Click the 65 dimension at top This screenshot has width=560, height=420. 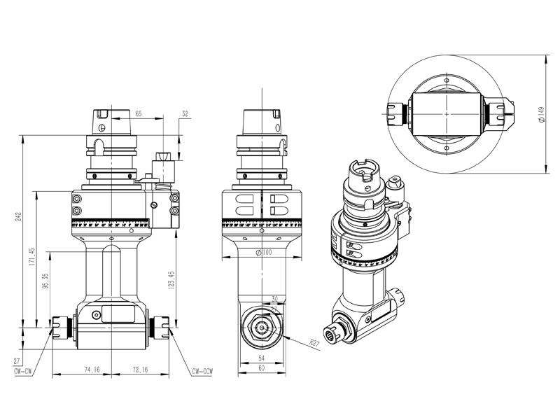click(139, 113)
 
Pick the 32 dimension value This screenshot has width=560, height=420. click(185, 113)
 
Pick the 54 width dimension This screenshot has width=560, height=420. click(260, 358)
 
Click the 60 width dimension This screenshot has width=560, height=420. click(260, 367)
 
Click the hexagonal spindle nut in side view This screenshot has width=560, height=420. click(262, 327)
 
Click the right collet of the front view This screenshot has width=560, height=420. click(162, 327)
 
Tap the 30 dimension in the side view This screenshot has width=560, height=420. click(274, 297)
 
